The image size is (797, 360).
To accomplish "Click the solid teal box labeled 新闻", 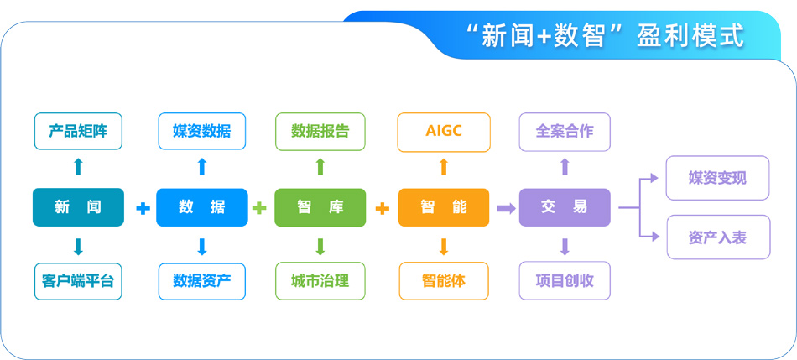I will click(78, 207).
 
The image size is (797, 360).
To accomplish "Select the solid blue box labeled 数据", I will click(201, 207).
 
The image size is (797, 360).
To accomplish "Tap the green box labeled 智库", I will click(320, 207).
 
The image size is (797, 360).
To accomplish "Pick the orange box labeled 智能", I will click(443, 207).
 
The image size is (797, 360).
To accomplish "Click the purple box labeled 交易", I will click(565, 207).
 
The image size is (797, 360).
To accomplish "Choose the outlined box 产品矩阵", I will click(78, 132).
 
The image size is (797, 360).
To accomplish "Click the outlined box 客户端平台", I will click(78, 281).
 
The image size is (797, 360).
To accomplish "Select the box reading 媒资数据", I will click(201, 132).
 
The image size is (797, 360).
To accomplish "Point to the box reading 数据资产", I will click(201, 281).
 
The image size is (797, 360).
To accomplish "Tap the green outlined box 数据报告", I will click(320, 132).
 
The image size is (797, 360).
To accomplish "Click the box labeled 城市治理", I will click(320, 281).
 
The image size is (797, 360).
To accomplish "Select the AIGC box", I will click(443, 132).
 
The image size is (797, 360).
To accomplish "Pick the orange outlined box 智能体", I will click(443, 281).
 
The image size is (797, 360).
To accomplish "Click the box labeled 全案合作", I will click(565, 132).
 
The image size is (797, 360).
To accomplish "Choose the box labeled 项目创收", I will click(565, 281).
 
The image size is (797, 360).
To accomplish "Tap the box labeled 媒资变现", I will click(717, 178).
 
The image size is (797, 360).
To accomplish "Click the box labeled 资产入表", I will click(717, 237).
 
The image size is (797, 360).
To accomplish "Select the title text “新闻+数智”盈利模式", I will click(604, 36).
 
